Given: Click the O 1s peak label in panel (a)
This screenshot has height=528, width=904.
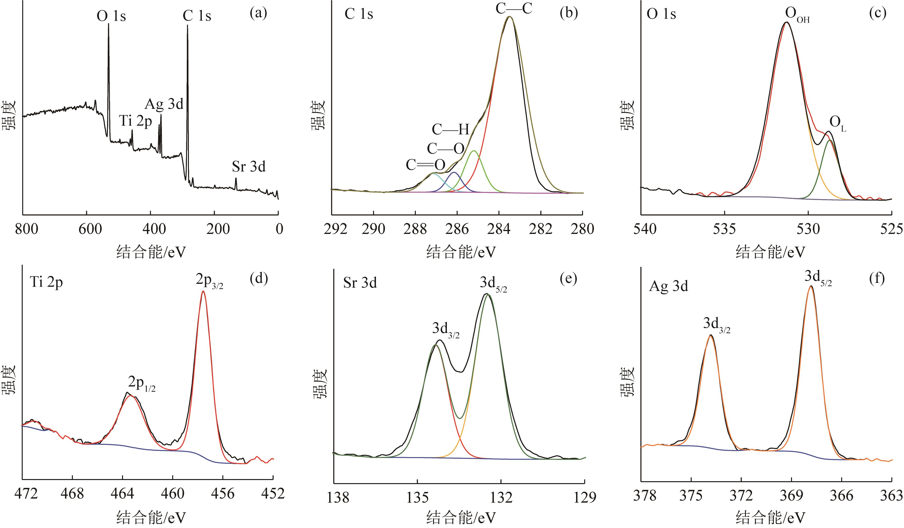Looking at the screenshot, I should [x=111, y=16].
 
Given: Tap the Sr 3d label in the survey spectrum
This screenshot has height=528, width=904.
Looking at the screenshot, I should [x=249, y=167].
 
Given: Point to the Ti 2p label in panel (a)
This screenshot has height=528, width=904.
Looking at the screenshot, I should [x=136, y=121].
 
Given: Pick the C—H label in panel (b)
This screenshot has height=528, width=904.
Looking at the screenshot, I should [x=450, y=129].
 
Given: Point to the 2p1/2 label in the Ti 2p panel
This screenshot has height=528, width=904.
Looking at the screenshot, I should [x=142, y=384].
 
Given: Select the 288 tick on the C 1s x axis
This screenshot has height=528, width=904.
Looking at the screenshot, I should [x=415, y=229].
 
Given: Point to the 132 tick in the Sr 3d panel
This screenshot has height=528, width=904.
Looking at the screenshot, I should [x=501, y=497].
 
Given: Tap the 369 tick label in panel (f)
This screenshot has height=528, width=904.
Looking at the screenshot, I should [x=791, y=496].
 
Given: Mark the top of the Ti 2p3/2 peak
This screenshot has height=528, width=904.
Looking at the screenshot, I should [x=203, y=291].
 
